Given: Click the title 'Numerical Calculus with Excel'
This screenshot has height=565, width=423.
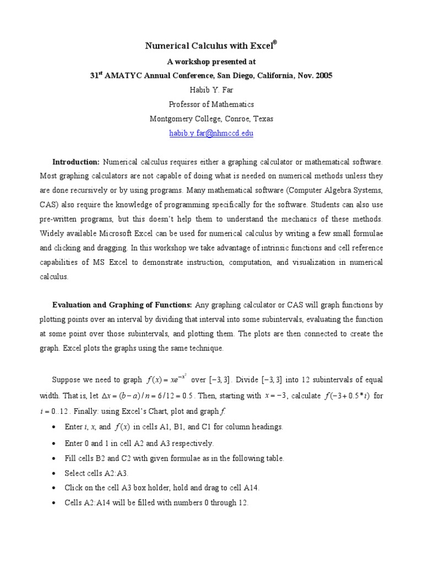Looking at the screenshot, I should (208, 47).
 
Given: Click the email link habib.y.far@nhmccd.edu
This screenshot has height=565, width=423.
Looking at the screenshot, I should (211, 134).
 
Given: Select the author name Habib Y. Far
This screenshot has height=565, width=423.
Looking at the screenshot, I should (211, 90).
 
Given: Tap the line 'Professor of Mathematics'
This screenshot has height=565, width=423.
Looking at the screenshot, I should (211, 104).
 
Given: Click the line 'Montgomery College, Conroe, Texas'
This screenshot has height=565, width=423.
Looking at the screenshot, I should (211, 119).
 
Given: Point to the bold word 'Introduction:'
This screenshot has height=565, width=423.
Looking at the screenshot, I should (76, 162).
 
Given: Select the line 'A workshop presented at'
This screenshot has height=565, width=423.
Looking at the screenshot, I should (211, 62).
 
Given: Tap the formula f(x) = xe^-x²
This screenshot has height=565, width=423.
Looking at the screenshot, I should (167, 380).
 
